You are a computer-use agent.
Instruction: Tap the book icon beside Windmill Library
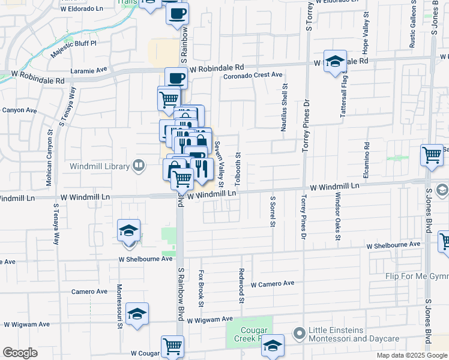click(139, 166)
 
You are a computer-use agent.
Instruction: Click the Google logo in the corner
click(20, 353)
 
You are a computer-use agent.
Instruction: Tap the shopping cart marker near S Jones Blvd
click(432, 155)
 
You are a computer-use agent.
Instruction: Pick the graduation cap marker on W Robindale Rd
click(335, 61)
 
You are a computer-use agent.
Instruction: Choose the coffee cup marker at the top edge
click(176, 13)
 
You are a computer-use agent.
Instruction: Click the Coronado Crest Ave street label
click(253, 75)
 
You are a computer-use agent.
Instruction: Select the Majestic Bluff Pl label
click(74, 43)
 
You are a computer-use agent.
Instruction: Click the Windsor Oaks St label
click(338, 217)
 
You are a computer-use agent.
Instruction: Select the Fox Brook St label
click(201, 287)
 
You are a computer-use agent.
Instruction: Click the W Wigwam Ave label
click(209, 320)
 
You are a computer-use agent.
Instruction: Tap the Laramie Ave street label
click(88, 70)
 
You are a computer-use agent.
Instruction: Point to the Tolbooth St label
click(238, 169)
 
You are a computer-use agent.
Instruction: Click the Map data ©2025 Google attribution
click(412, 355)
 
